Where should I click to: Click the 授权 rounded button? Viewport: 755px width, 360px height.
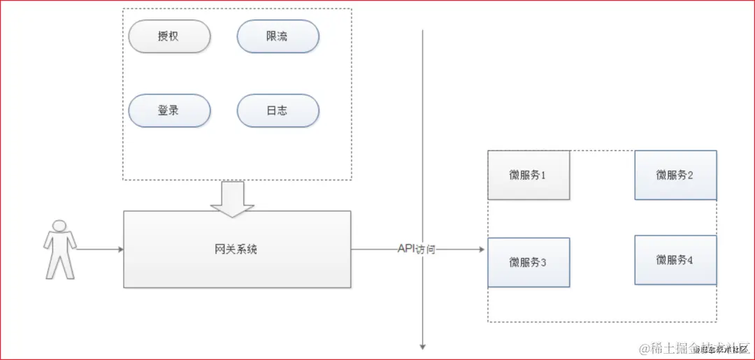[x=169, y=36]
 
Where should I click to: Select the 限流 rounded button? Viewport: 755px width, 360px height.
[x=278, y=36]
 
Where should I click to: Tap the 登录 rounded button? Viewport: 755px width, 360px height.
[x=169, y=110]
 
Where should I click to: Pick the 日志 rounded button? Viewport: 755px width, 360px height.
[x=278, y=110]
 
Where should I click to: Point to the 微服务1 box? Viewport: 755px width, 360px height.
[x=528, y=175]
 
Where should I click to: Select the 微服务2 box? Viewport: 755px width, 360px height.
[x=675, y=175]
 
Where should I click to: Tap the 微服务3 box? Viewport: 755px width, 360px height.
[x=528, y=262]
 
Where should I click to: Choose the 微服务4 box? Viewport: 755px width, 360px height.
[x=675, y=260]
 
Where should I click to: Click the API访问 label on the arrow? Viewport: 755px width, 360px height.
[x=416, y=249]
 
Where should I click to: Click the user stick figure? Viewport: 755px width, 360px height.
[x=59, y=249]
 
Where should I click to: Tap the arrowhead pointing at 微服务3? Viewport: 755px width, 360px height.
[x=481, y=250]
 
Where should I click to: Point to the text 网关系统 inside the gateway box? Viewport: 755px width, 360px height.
[x=236, y=249]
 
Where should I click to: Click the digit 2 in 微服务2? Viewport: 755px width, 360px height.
[x=690, y=175]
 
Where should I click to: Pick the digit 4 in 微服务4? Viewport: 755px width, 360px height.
[x=690, y=260]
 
